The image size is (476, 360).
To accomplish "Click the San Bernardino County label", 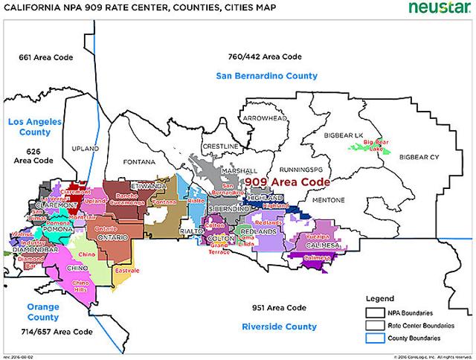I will pos(266,76).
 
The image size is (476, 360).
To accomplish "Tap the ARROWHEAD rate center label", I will pos(263,118).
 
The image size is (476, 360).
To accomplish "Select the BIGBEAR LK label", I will pos(343,135).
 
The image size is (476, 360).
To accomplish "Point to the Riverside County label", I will pos(279,327).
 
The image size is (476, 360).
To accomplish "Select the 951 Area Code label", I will pos(274,307).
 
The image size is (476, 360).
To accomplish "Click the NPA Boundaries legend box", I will pos(373,312).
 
